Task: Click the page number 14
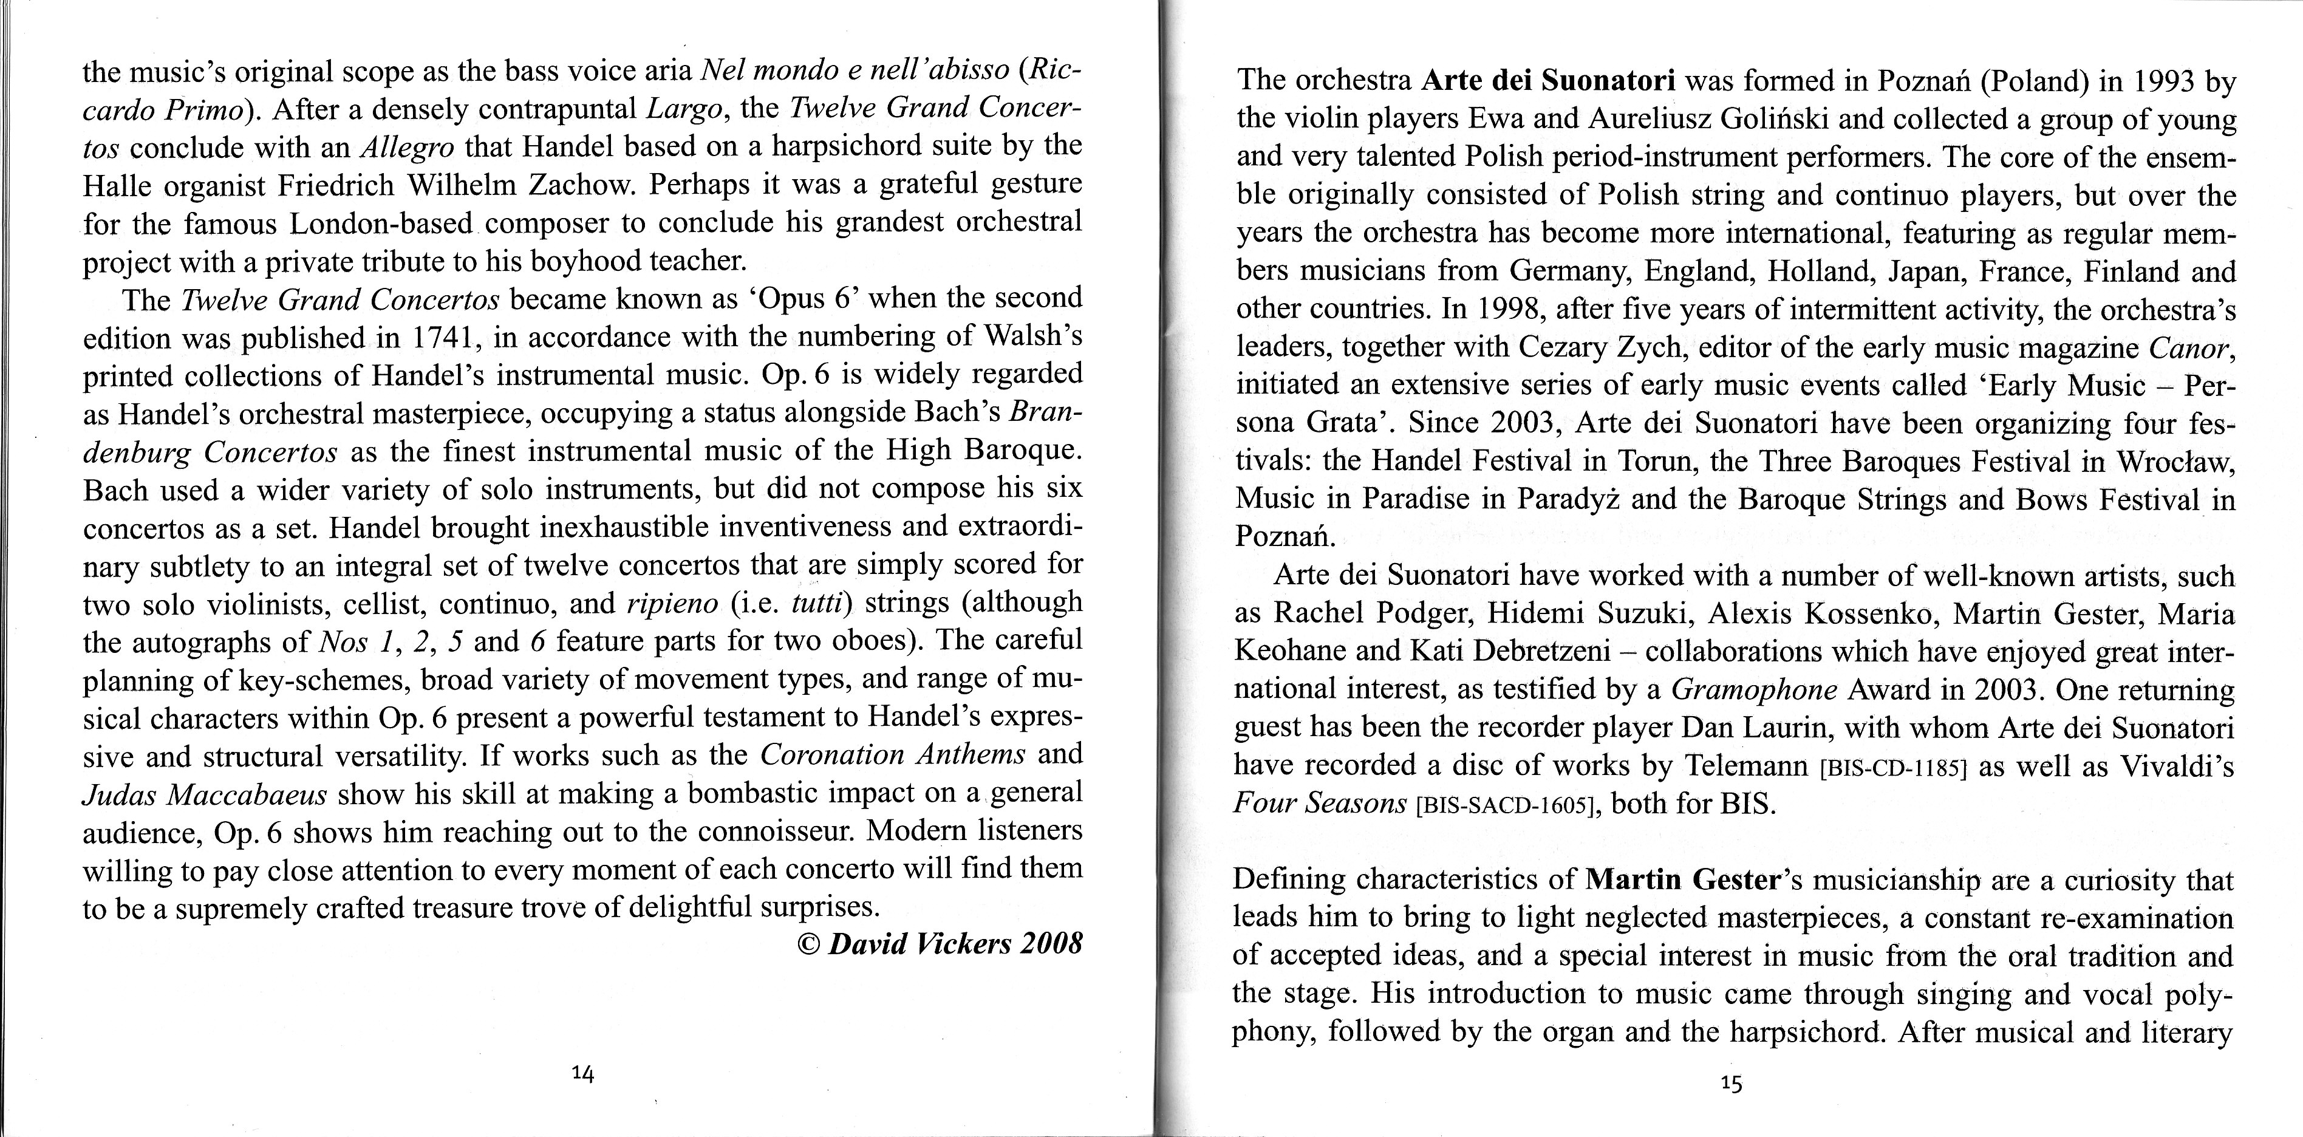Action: pos(583,1075)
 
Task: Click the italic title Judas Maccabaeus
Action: pos(205,794)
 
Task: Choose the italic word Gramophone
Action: pos(1754,689)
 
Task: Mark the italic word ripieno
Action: pos(672,603)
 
